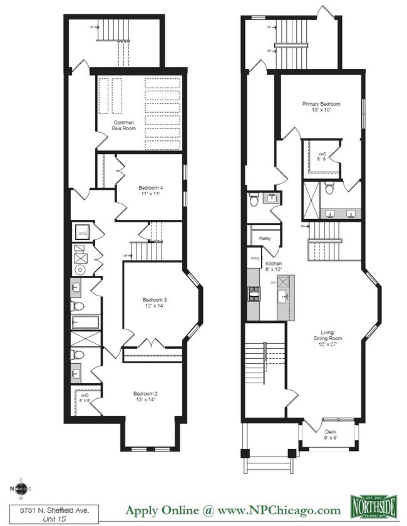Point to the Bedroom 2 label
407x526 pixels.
145,396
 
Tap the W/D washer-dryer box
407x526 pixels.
82,233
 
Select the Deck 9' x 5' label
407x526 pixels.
330,435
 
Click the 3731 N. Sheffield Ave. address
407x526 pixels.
44,503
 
